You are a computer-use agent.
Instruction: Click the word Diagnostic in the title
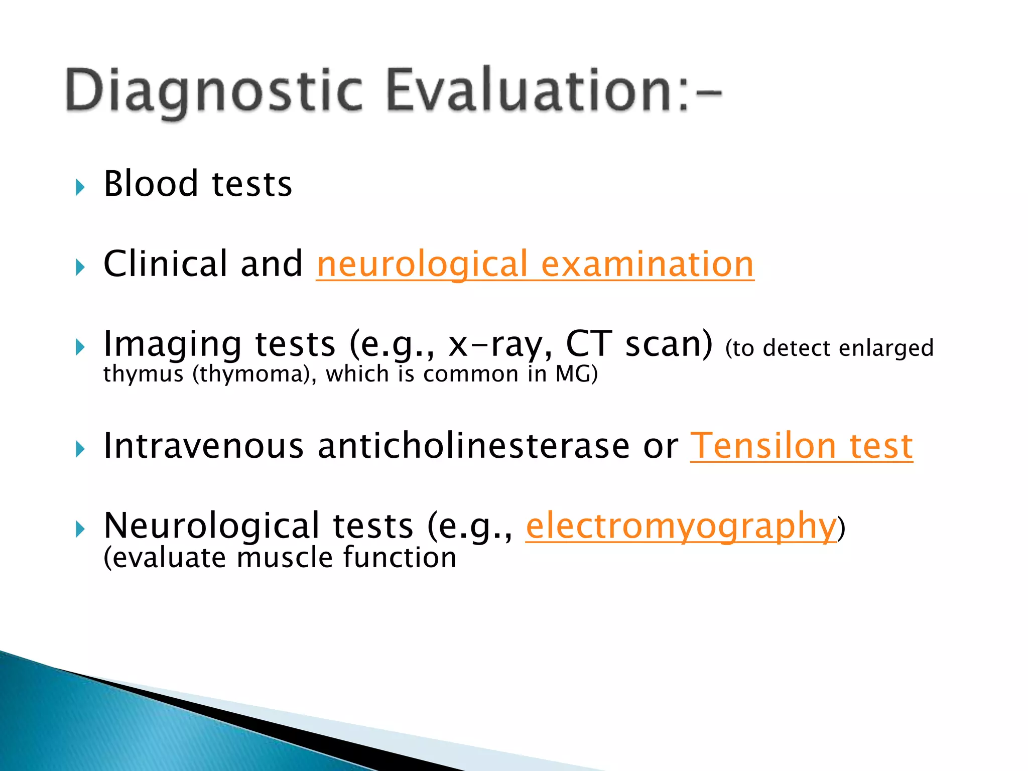coord(213,90)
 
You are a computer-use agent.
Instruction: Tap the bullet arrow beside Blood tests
coord(80,188)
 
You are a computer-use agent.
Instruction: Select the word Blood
coord(151,184)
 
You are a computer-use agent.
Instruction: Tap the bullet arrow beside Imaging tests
coord(80,347)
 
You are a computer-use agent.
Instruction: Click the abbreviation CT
coord(589,344)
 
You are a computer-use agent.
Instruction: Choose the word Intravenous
coord(203,446)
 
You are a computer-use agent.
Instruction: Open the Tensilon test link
coord(801,446)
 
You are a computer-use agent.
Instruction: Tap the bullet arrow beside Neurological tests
coord(80,529)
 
